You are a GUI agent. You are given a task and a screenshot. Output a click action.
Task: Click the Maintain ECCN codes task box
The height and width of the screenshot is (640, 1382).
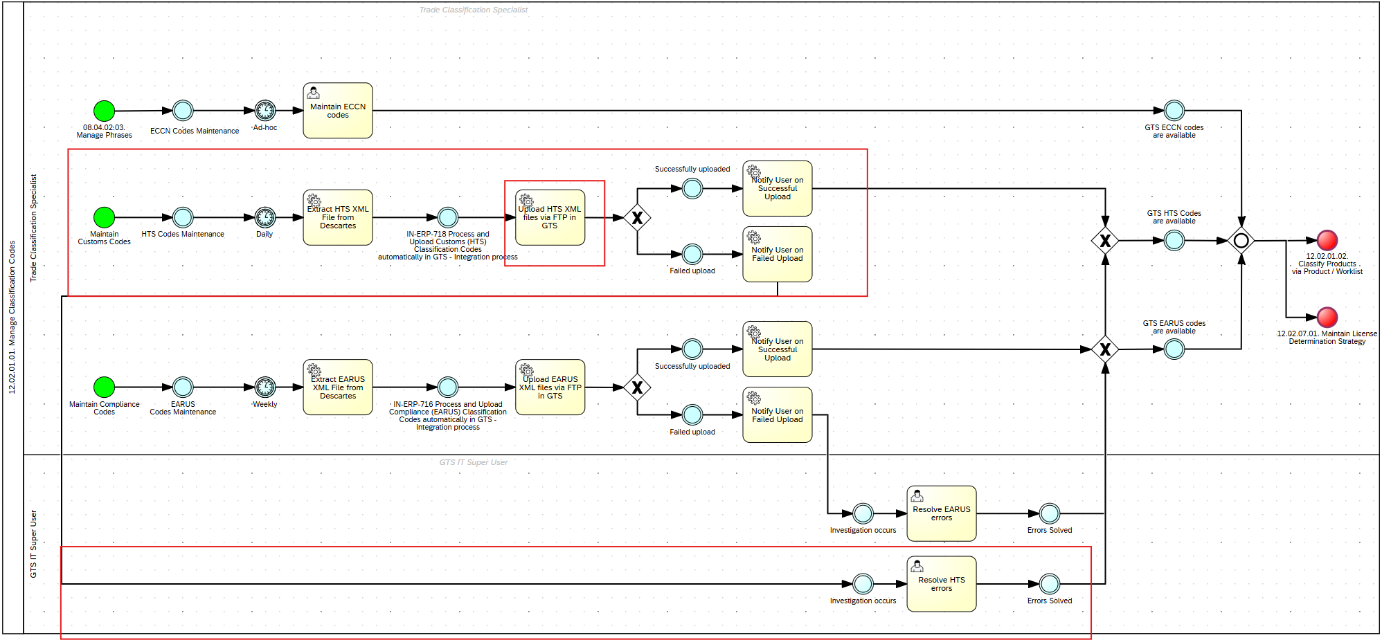[x=338, y=111]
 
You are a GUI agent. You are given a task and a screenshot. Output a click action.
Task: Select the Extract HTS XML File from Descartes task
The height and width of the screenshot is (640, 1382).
[x=338, y=217]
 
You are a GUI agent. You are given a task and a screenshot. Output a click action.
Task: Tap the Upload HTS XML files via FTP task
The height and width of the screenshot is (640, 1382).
[x=550, y=217]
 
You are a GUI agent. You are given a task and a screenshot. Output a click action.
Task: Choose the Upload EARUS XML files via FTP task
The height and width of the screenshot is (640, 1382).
[x=550, y=387]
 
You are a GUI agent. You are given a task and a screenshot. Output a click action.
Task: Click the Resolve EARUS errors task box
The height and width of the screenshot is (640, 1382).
[x=941, y=513]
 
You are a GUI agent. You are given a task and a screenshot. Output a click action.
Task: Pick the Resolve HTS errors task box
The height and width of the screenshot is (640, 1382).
[x=941, y=584]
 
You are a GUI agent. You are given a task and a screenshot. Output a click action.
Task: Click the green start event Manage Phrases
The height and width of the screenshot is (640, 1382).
[x=104, y=111]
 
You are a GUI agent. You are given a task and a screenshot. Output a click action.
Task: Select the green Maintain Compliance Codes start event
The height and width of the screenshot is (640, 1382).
[x=104, y=387]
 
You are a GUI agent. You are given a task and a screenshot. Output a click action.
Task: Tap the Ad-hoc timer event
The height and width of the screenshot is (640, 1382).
[x=264, y=111]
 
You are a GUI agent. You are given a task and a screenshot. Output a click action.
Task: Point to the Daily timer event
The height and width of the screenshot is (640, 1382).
[x=264, y=217]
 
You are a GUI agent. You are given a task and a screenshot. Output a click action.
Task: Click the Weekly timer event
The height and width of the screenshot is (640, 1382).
[x=264, y=387]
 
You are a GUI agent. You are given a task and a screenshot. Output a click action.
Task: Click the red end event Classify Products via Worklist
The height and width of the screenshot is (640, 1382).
[x=1327, y=241]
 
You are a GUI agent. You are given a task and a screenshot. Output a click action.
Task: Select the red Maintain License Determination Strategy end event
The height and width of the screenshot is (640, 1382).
[x=1327, y=318]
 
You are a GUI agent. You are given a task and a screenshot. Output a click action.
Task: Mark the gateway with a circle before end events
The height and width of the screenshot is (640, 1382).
[x=1241, y=241]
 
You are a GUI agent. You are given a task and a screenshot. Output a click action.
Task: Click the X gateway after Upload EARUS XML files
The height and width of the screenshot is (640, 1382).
[x=637, y=387]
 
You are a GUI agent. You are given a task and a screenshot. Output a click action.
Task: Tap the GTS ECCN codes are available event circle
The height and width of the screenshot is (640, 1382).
[x=1174, y=111]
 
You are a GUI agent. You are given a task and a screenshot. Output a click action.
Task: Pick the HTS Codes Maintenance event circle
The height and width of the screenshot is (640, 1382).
[x=183, y=217]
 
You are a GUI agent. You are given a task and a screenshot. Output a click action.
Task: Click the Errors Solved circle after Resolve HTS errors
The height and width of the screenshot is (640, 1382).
[x=1049, y=584]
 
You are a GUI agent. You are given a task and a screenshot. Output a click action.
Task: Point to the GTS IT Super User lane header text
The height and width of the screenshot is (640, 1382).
[x=33, y=544]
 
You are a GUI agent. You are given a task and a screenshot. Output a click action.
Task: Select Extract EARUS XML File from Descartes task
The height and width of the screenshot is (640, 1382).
[x=338, y=387]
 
